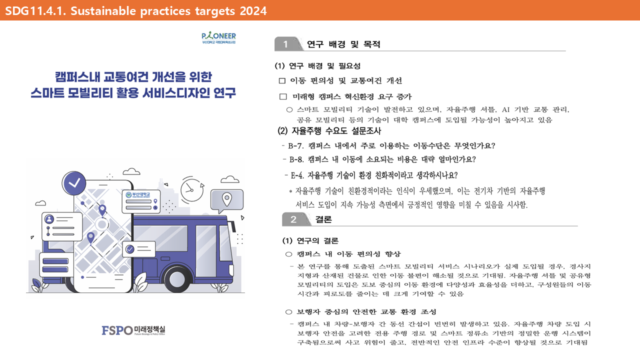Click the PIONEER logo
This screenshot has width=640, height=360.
click(x=218, y=37)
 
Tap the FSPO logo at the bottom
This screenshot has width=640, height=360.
click(x=133, y=330)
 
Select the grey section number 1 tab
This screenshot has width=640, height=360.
click(x=288, y=44)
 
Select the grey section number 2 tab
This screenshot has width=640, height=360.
click(x=296, y=219)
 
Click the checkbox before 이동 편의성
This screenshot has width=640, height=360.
click(x=282, y=81)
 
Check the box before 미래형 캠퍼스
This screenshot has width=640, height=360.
click(x=283, y=97)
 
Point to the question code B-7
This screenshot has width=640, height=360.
click(x=295, y=146)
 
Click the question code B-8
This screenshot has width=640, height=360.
click(x=296, y=159)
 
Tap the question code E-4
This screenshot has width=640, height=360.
click(x=297, y=175)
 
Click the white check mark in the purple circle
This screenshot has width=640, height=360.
click(x=74, y=183)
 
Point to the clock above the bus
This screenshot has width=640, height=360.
click(x=192, y=189)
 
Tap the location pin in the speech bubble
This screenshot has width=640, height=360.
click(x=227, y=199)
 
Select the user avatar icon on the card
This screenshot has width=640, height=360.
click(x=49, y=219)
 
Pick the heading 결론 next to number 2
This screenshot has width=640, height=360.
click(x=323, y=219)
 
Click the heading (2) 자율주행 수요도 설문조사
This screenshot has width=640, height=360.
click(x=329, y=131)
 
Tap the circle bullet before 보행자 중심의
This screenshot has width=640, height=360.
click(x=289, y=312)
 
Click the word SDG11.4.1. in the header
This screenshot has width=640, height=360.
click(x=35, y=11)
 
